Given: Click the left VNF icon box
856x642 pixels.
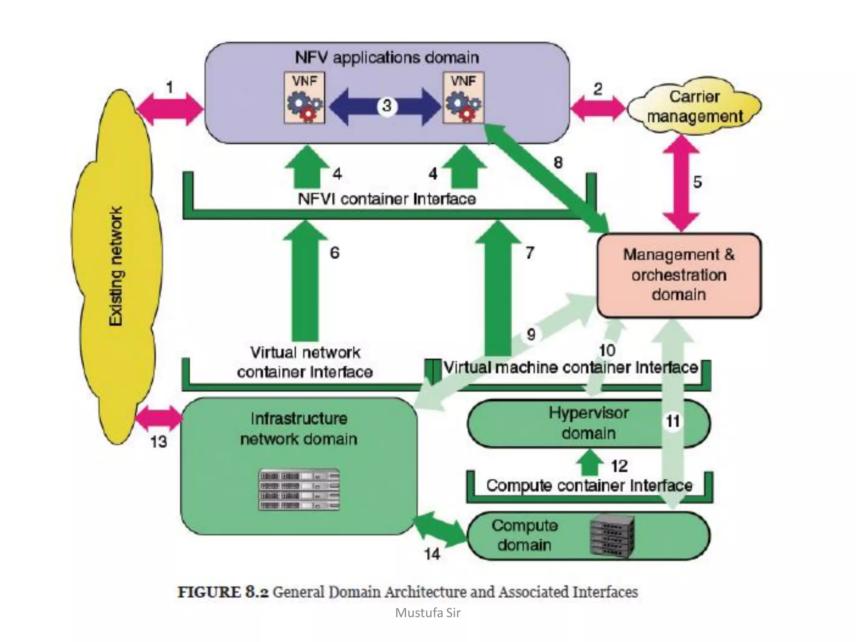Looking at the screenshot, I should click(x=304, y=98).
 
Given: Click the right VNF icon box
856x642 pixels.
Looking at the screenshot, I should click(x=463, y=98).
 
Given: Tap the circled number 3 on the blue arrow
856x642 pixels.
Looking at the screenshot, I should click(x=387, y=105).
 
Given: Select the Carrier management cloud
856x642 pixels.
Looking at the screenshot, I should click(x=694, y=106).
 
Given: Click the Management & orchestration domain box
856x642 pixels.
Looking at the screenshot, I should click(x=679, y=275).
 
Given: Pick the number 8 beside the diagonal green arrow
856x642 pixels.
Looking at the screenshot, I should click(x=558, y=162).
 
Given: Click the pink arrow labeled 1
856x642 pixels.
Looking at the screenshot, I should click(x=170, y=109).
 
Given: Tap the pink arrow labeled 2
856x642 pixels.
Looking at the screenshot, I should click(x=598, y=108).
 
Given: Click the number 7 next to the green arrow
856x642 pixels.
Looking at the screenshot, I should click(x=530, y=252).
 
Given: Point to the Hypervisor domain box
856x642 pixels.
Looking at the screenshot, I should click(x=588, y=423).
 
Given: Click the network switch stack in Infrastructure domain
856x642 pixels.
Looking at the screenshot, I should click(x=299, y=490).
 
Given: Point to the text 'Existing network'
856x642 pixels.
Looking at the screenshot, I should click(x=116, y=266).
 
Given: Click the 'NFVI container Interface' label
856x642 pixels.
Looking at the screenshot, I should click(x=387, y=199).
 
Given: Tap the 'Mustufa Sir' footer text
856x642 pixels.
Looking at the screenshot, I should click(x=428, y=613).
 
